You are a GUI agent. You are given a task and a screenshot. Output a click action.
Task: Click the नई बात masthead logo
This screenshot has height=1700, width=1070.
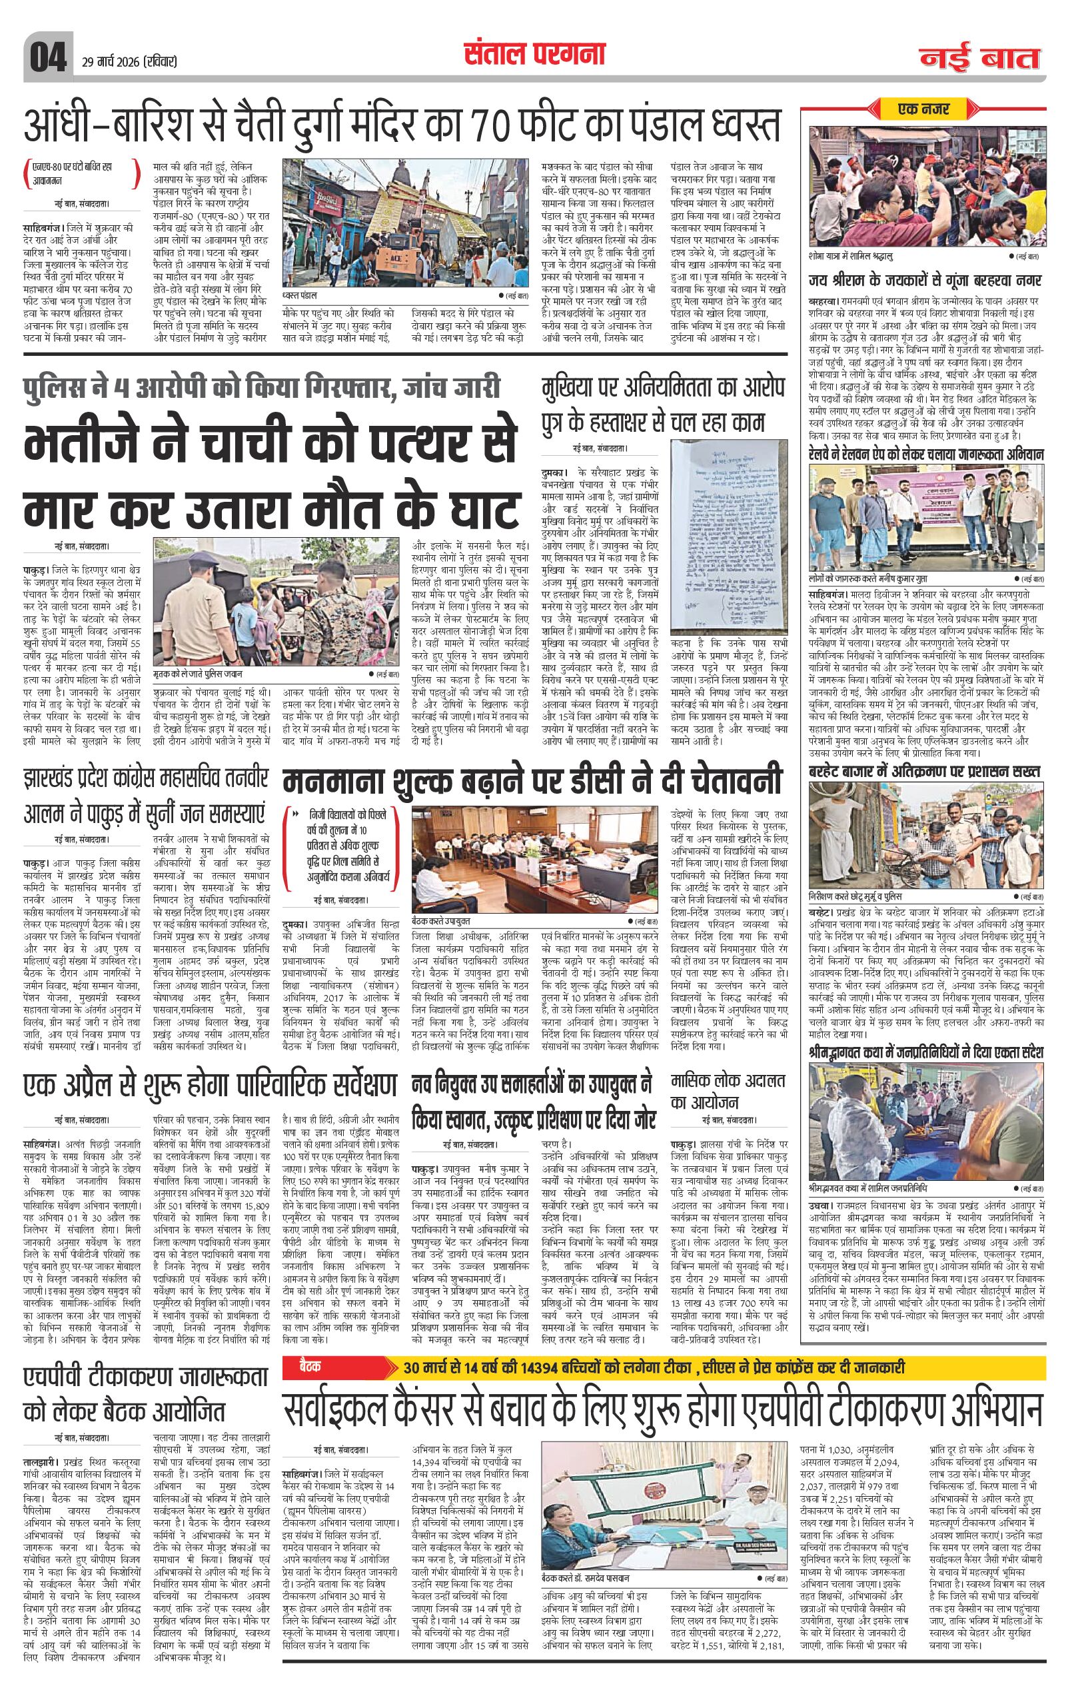tap(979, 59)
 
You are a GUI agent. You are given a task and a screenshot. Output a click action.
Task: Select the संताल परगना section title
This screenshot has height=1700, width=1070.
tap(534, 54)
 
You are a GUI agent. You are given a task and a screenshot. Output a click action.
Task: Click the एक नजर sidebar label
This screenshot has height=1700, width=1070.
tap(923, 109)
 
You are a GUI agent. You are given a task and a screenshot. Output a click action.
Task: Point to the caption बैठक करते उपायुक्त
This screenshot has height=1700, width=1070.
tap(440, 920)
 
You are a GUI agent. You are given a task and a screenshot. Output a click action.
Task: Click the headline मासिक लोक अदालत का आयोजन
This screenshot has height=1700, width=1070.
tap(727, 1090)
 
